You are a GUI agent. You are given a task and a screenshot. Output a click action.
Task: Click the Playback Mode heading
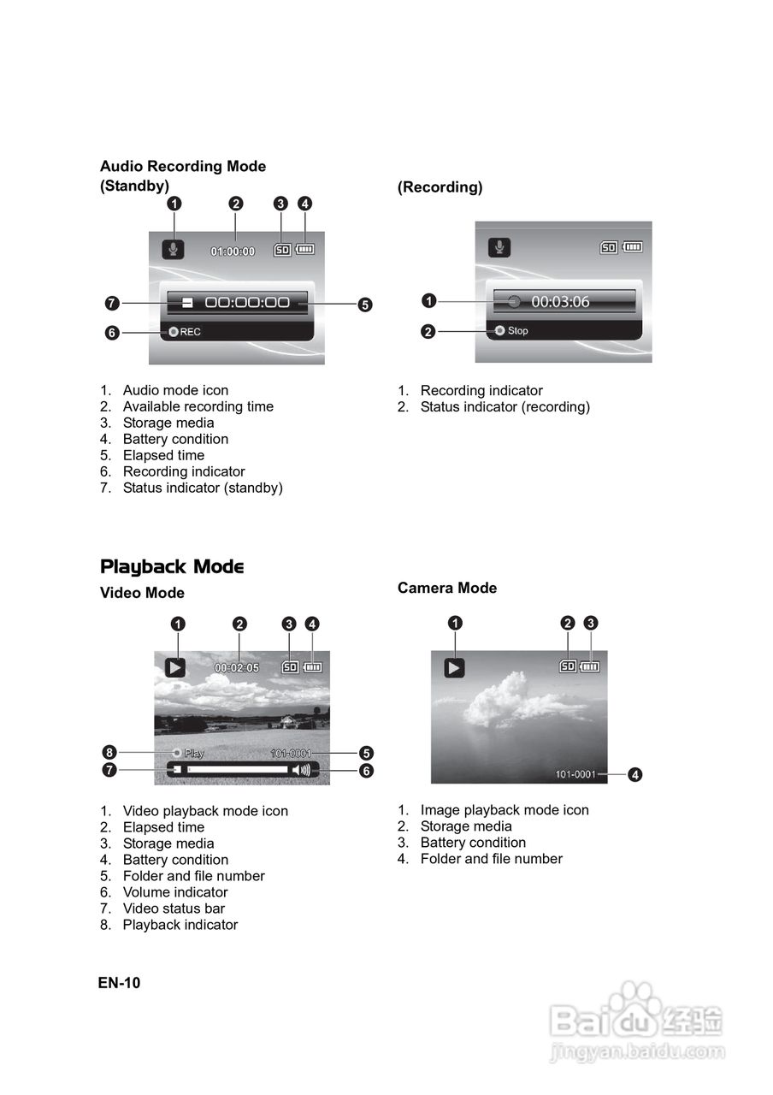[x=172, y=566]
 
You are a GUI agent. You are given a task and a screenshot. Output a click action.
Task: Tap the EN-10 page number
[x=119, y=982]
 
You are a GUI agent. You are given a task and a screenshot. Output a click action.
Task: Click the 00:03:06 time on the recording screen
[x=560, y=301]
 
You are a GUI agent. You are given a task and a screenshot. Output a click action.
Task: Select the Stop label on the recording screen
[x=517, y=331]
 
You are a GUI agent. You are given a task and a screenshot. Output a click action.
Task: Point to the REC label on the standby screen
[x=190, y=332]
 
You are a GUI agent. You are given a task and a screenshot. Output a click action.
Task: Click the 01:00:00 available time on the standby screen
[x=233, y=252]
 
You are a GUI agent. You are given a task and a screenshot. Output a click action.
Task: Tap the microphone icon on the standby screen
[x=173, y=249]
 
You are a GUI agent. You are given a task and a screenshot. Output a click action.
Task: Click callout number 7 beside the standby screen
[x=112, y=303]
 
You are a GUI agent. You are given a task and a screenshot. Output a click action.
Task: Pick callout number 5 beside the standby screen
[x=365, y=305]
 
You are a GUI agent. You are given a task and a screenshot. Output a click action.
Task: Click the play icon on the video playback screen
[x=175, y=667]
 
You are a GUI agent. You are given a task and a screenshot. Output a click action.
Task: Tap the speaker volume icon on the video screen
[x=300, y=770]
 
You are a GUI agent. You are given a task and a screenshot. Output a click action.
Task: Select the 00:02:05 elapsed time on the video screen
[x=237, y=668]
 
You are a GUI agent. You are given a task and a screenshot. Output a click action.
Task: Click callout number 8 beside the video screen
[x=109, y=752]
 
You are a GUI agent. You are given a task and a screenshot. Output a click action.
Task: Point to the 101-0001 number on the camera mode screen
[x=575, y=774]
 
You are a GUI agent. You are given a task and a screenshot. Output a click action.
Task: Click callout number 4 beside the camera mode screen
[x=634, y=775]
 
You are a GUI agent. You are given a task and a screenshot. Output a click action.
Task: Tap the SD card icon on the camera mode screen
[x=568, y=666]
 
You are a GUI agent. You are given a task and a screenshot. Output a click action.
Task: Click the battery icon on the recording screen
[x=633, y=247]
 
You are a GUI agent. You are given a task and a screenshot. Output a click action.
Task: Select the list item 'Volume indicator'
[x=175, y=892]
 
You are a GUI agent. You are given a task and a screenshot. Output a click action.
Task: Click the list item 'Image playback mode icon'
[x=505, y=810]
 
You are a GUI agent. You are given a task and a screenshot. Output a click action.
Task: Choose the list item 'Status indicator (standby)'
[x=203, y=488]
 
